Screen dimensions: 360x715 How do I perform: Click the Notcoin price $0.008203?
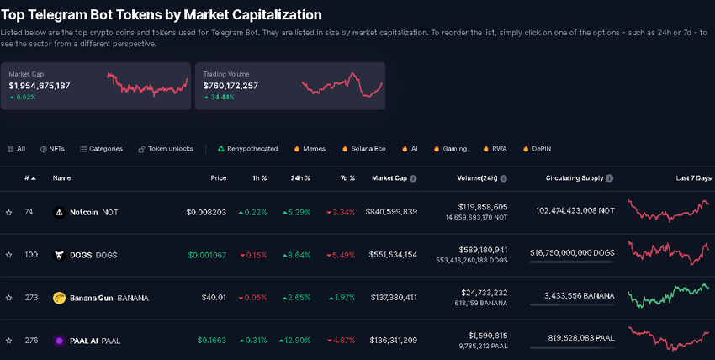[x=206, y=212]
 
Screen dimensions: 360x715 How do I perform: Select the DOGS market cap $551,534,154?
[x=391, y=255]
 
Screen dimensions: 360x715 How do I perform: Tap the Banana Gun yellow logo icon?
[x=59, y=298]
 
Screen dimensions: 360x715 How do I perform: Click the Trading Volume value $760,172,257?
[x=230, y=86]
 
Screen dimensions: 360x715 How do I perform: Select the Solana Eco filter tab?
[x=363, y=149]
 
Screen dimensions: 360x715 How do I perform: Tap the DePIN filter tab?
[x=537, y=149]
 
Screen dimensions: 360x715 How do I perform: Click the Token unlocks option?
[x=168, y=149]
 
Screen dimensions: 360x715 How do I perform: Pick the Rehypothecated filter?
[x=247, y=149]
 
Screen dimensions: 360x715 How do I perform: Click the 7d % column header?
[x=346, y=178]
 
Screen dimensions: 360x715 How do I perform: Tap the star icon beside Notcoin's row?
[x=9, y=213]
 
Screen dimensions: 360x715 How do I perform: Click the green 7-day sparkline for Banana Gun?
[x=670, y=296]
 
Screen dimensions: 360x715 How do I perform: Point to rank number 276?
[x=30, y=340]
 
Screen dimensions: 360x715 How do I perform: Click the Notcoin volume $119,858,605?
[x=483, y=206]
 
